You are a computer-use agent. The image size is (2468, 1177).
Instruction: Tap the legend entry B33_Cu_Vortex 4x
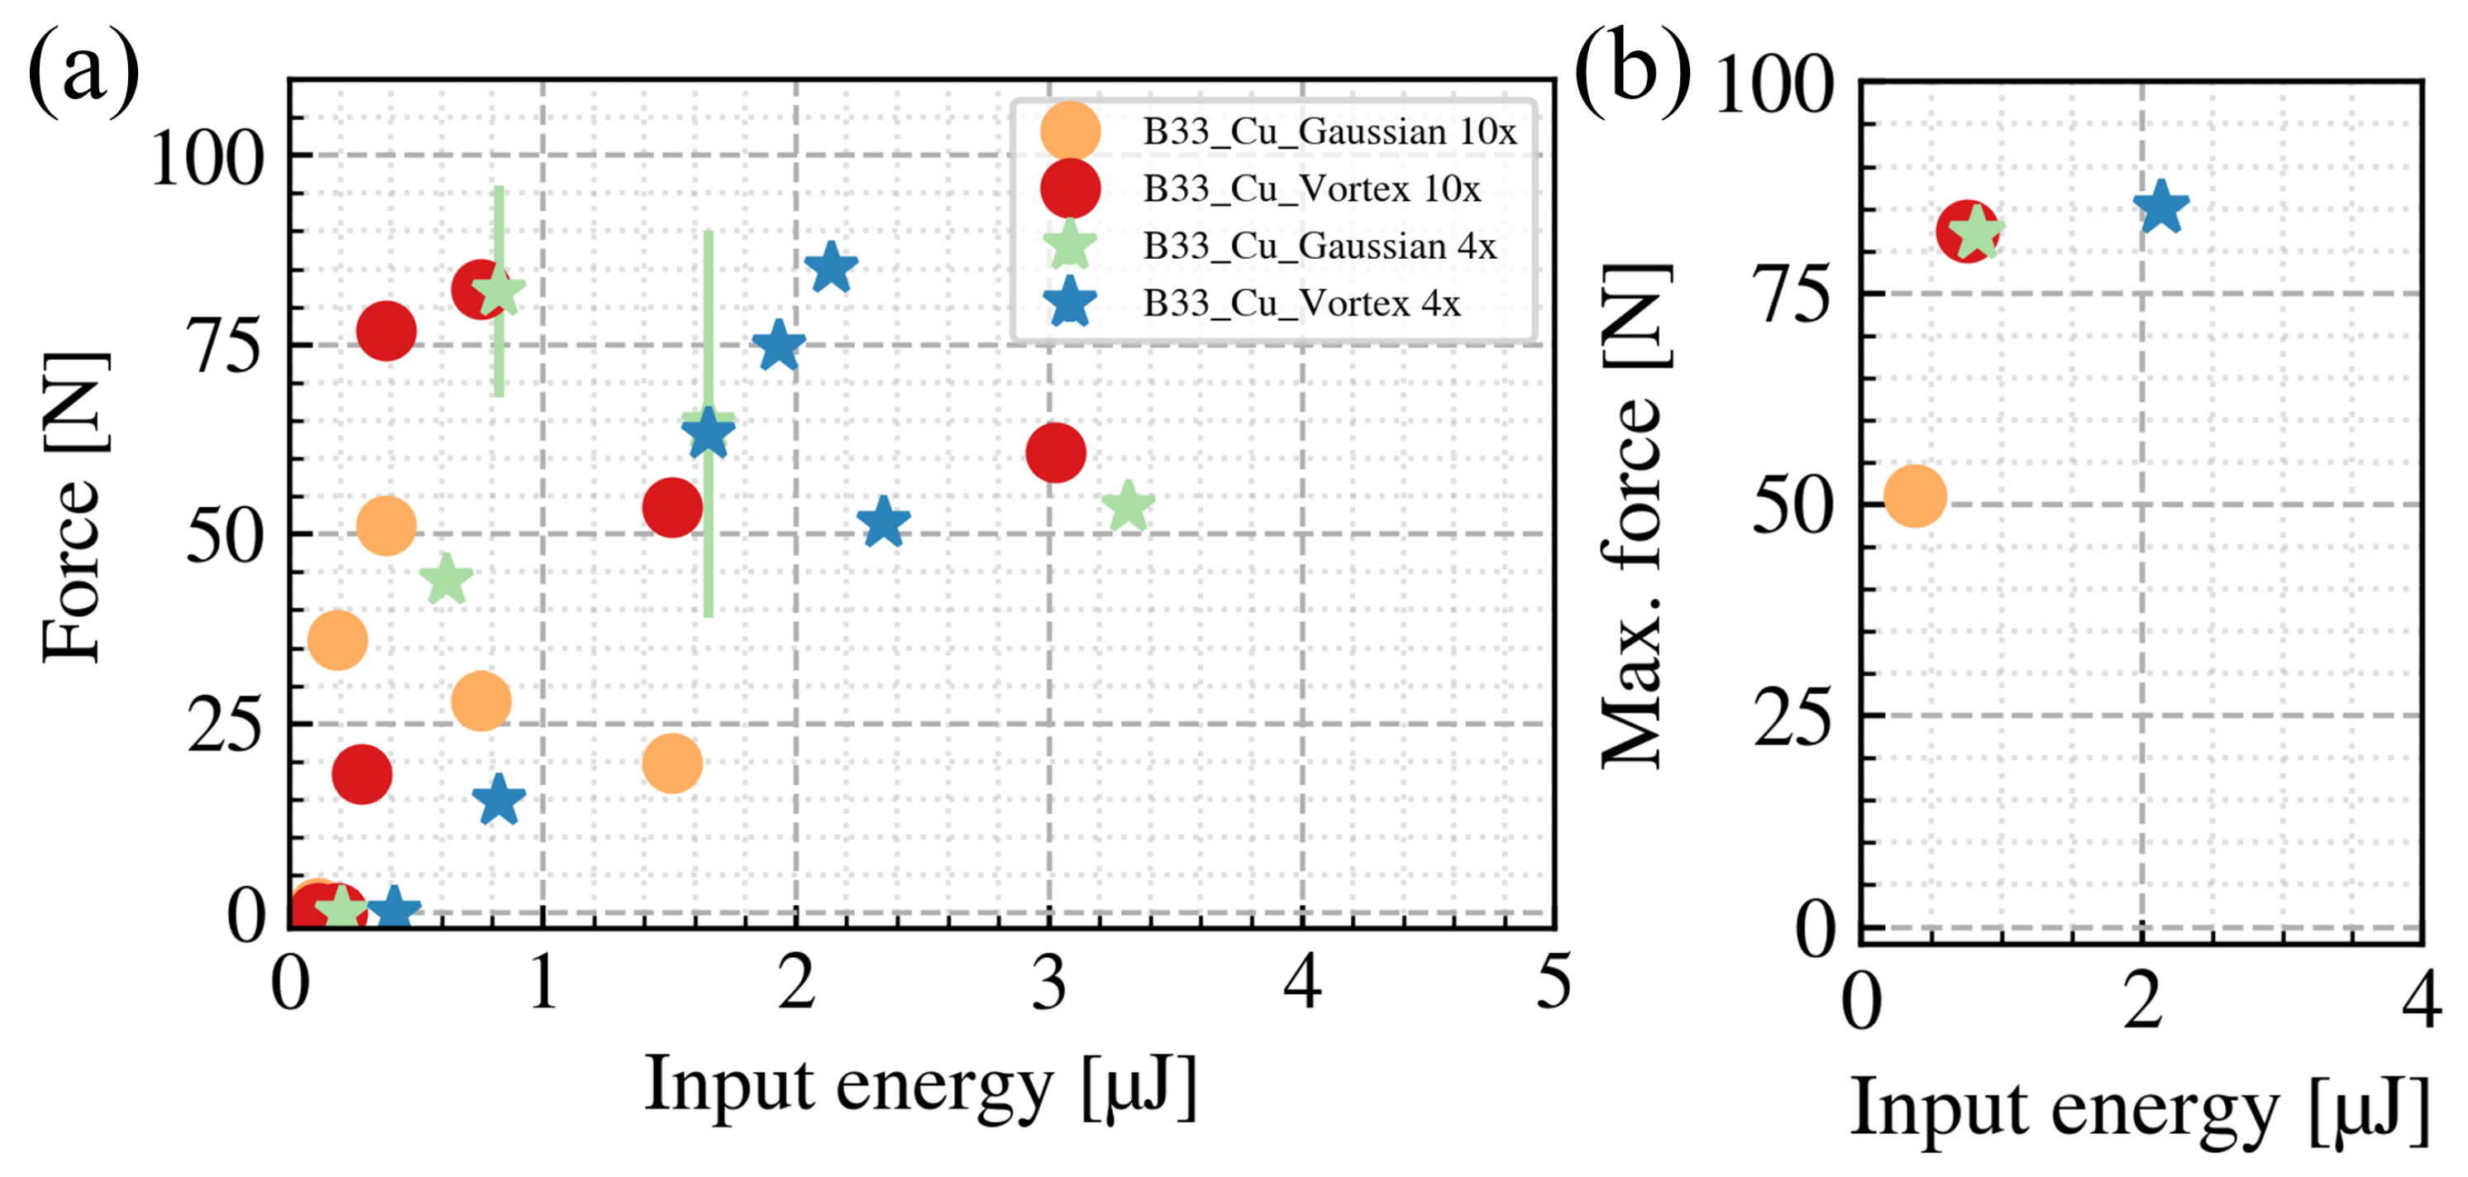click(x=1301, y=304)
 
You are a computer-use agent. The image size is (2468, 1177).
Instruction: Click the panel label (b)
click(x=1633, y=72)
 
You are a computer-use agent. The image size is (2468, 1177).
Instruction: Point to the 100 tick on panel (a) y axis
click(x=207, y=158)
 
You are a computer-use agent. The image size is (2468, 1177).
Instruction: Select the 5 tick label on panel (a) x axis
click(x=1553, y=983)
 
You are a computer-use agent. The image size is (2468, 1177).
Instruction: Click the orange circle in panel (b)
click(x=1914, y=496)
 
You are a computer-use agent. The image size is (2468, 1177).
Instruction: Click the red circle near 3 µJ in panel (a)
click(x=1055, y=452)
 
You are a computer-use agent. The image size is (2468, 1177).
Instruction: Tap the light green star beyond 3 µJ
click(x=1128, y=506)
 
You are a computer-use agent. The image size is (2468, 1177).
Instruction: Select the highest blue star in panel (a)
click(x=831, y=267)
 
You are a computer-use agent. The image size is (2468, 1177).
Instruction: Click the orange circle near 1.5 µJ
click(x=671, y=763)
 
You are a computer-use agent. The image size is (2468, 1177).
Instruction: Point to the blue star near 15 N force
click(x=499, y=799)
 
